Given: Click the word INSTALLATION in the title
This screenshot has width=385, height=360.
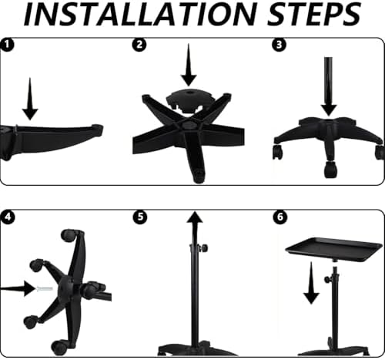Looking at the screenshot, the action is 140,14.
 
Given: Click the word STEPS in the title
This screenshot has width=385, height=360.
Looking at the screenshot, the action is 314,14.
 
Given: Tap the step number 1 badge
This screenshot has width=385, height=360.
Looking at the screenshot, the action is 7,45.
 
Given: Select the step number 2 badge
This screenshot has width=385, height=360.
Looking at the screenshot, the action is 139,45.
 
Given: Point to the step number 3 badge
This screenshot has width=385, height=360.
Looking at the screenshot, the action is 279,45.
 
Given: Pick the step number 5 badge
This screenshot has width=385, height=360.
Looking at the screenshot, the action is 140,217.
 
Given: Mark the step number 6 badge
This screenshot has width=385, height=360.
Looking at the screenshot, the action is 280,217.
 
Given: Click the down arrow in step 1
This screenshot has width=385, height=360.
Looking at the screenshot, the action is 30,99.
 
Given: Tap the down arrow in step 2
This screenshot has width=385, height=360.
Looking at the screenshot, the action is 189,65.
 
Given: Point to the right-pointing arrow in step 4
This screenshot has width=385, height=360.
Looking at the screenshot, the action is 18,288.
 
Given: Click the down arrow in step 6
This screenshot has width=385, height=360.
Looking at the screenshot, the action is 311,283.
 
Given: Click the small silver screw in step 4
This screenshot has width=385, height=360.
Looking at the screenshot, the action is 45,289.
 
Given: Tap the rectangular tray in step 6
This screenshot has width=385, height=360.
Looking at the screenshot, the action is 333,250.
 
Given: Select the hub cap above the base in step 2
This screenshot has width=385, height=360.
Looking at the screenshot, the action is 189,100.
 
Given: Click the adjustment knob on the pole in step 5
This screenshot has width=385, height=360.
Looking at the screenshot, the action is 204,248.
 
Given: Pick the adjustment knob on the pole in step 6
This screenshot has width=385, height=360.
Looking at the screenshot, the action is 328,279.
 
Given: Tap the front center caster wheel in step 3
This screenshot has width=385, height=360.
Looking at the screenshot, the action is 330,169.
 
